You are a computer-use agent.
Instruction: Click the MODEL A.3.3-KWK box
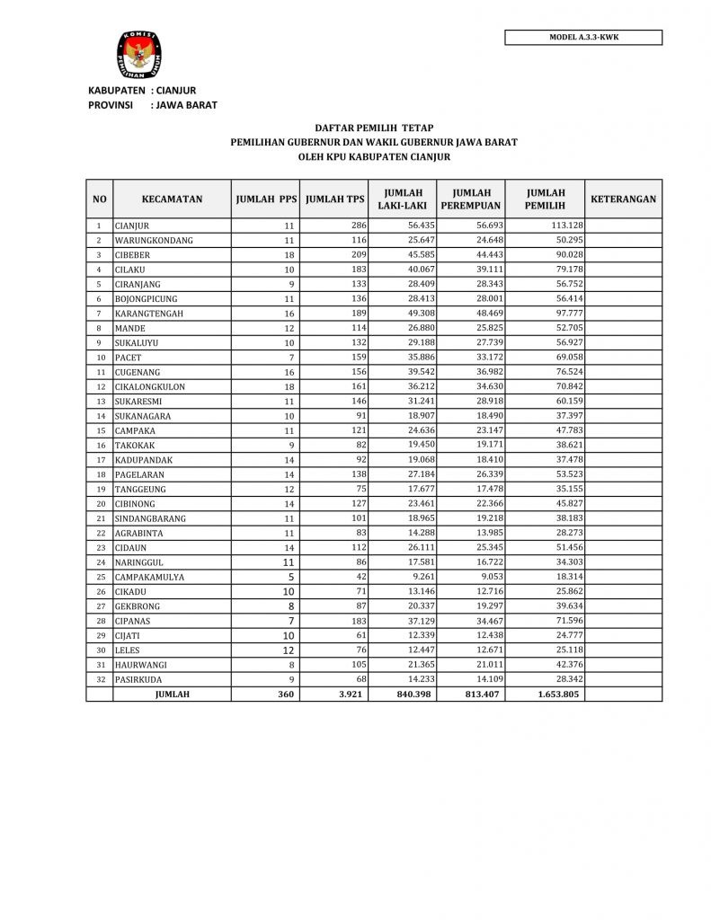click(583, 38)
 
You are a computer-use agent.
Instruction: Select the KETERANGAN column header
click(623, 199)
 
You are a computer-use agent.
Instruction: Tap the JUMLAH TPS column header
click(335, 199)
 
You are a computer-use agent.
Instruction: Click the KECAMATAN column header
click(172, 199)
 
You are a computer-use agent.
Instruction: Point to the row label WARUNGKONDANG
click(154, 241)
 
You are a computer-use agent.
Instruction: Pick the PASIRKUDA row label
click(143, 679)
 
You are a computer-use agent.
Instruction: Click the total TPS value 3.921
click(352, 694)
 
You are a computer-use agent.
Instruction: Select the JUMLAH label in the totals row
click(172, 694)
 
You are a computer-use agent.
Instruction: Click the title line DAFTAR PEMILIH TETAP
click(374, 128)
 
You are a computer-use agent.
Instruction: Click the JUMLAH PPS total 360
click(286, 694)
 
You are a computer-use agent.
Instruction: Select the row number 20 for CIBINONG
click(101, 504)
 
